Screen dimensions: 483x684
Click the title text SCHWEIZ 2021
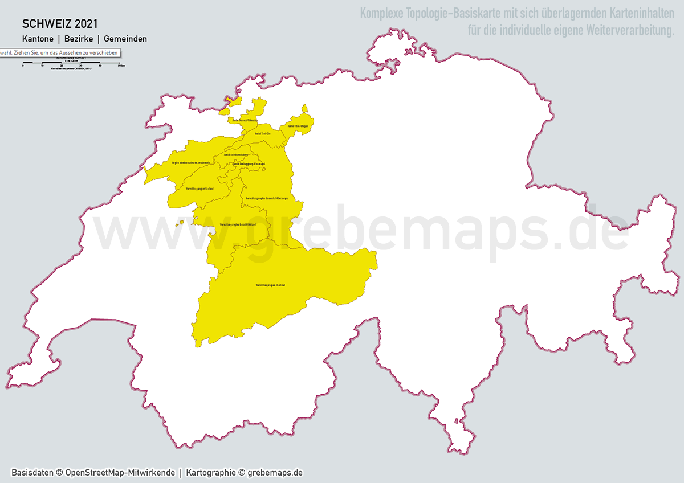60,24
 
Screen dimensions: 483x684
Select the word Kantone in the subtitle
38,39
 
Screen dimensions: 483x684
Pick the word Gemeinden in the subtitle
125,39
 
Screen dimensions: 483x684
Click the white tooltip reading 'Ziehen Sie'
59,52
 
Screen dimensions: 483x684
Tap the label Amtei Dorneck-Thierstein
245,121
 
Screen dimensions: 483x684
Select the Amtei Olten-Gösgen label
298,126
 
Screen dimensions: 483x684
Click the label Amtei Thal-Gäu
262,133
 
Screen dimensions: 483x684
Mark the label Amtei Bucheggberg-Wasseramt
249,164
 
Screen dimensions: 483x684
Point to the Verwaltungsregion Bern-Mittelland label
238,224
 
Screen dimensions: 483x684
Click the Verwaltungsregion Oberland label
271,285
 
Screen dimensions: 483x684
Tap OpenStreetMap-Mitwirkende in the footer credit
120,473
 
